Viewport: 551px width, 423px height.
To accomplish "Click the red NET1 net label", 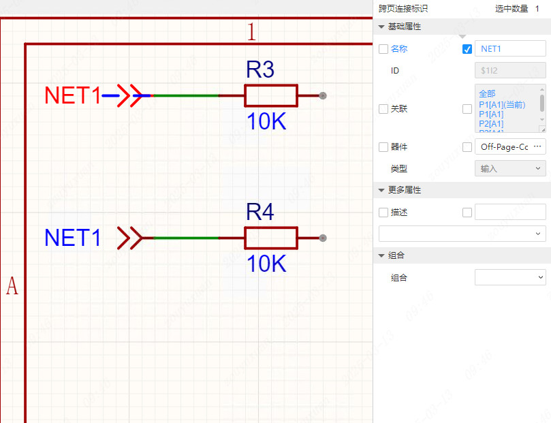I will [x=72, y=96].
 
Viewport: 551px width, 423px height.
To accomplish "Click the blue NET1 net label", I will [x=72, y=238].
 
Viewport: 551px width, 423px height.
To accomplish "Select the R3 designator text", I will [x=259, y=70].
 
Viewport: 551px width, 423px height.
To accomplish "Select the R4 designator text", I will [x=259, y=213].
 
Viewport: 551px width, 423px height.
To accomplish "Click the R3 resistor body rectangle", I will [x=271, y=96].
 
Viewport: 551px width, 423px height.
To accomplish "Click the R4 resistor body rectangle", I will [x=271, y=238].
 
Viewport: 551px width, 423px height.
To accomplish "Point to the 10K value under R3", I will [x=266, y=122].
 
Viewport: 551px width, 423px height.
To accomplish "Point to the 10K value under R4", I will [x=266, y=264].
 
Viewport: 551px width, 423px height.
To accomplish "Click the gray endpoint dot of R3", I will [x=323, y=96].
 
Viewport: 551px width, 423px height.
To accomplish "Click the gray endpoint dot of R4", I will [x=323, y=238].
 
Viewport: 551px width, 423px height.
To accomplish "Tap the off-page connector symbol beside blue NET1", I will [x=129, y=238].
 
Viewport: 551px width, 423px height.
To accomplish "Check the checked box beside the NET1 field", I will [x=467, y=49].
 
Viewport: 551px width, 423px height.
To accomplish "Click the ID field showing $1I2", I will [x=509, y=70].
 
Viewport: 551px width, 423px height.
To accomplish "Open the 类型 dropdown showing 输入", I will [x=509, y=168].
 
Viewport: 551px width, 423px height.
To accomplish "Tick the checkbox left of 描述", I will [x=383, y=213].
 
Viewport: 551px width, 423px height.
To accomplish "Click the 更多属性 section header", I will [x=405, y=190].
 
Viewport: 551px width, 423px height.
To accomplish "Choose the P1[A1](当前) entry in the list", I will [x=502, y=104].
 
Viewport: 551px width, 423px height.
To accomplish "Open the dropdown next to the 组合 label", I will [x=509, y=277].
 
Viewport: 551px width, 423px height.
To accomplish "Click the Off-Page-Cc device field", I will [x=509, y=146].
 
